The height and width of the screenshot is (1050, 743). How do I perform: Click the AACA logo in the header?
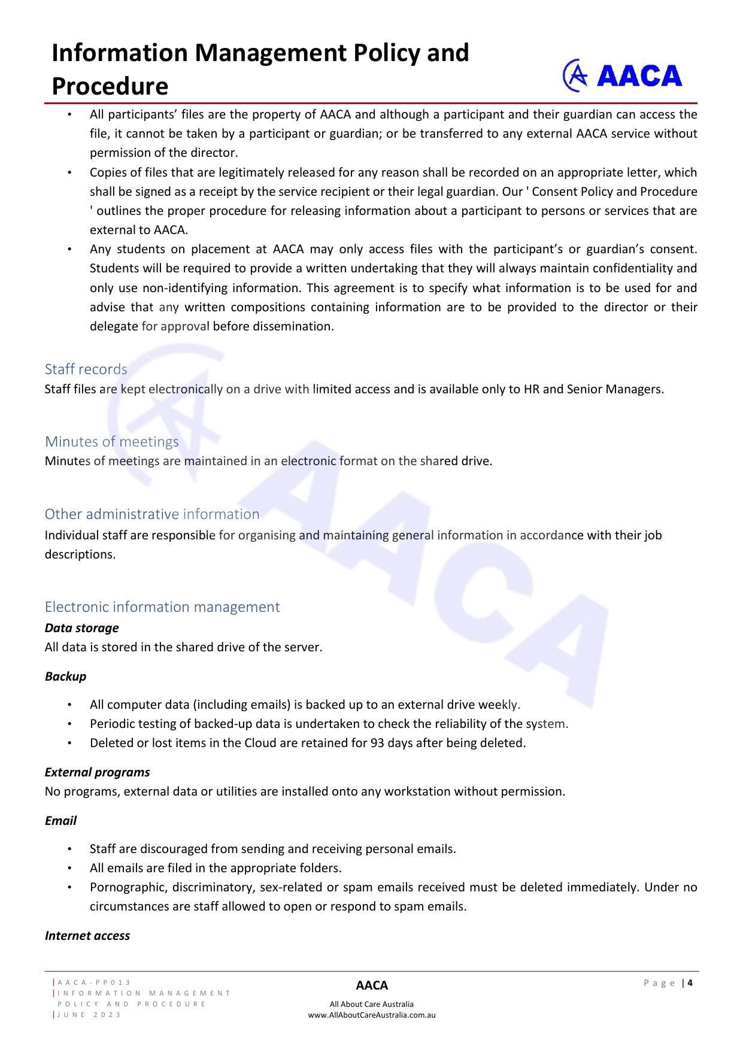[x=622, y=75]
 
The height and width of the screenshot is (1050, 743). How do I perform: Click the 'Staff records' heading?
[x=86, y=369]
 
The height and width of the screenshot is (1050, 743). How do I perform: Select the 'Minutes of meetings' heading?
[x=111, y=441]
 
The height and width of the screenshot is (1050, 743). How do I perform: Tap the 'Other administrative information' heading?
[x=152, y=514]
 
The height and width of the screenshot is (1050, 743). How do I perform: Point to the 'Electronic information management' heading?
[x=162, y=606]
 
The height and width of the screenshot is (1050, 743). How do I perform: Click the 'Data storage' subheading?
[x=81, y=627]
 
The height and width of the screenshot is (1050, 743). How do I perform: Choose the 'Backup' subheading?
[x=65, y=676]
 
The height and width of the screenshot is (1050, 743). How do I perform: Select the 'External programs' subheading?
[x=97, y=772]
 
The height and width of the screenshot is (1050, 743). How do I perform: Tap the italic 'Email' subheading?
[x=60, y=820]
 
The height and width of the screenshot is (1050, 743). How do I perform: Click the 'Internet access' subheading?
[x=87, y=935]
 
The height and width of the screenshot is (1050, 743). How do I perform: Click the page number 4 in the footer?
[x=690, y=982]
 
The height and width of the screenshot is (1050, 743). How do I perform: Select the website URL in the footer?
[x=372, y=1015]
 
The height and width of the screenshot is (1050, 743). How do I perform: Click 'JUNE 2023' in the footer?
[x=90, y=1015]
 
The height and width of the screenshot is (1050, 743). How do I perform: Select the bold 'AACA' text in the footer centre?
[x=372, y=985]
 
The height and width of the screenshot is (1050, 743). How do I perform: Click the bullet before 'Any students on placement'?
[x=70, y=249]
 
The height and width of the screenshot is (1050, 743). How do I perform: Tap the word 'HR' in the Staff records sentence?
[x=532, y=389]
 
